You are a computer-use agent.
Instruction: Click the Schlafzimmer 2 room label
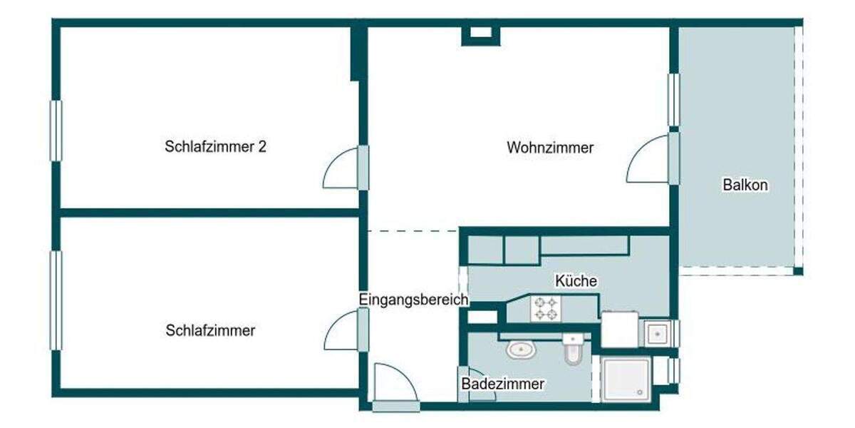coord(215,148)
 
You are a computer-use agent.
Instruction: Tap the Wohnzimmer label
coord(550,148)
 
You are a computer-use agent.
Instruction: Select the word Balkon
coord(745,185)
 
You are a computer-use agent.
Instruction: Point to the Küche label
coord(576,281)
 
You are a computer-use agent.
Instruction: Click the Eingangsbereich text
coord(413,300)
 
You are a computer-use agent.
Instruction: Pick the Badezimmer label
coord(503,384)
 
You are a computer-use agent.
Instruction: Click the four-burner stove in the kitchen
coord(546,308)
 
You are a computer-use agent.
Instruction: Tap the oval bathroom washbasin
coord(522,350)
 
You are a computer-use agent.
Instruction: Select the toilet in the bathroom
coord(573,350)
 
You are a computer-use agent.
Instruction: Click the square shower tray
coord(626,379)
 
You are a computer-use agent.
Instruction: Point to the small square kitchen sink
coord(655,332)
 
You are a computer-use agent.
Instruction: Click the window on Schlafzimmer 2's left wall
coord(56,131)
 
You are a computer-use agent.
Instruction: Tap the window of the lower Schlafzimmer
coord(56,300)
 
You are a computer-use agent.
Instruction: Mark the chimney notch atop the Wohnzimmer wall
coord(481,33)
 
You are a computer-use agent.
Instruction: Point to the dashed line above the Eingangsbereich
coord(413,230)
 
